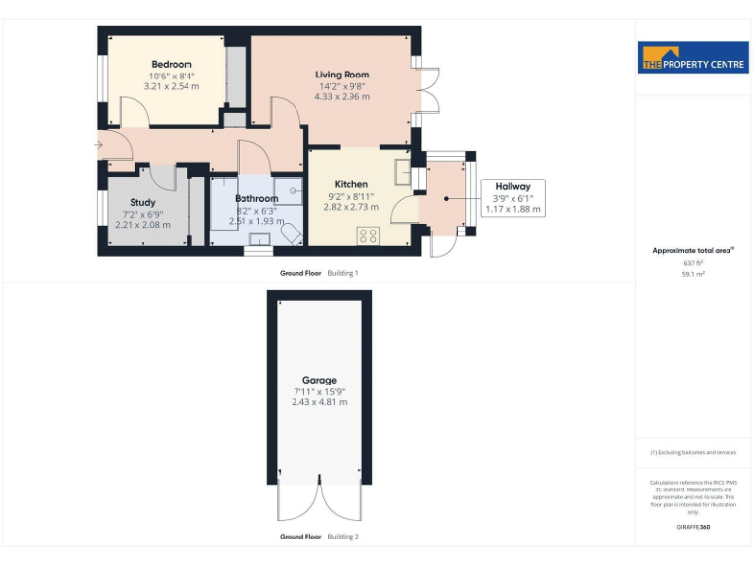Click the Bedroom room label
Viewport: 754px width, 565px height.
point(171,64)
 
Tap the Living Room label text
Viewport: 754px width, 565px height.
point(342,75)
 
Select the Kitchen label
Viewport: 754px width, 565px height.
point(350,184)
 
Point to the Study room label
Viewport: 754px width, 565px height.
point(142,202)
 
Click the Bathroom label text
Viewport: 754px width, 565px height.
point(255,198)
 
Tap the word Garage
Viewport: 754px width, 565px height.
point(319,380)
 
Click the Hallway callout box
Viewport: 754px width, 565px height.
point(512,197)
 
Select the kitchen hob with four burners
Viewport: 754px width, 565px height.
point(370,235)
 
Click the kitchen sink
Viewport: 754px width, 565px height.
point(403,173)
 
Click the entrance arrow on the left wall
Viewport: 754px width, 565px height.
point(97,146)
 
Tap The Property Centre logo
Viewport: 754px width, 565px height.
point(693,58)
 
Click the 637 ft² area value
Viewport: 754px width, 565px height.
point(693,263)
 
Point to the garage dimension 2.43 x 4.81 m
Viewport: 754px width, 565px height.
point(319,402)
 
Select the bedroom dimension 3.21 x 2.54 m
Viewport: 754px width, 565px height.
point(171,86)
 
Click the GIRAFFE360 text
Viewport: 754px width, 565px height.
point(693,528)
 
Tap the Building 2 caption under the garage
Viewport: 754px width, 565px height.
point(343,537)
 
